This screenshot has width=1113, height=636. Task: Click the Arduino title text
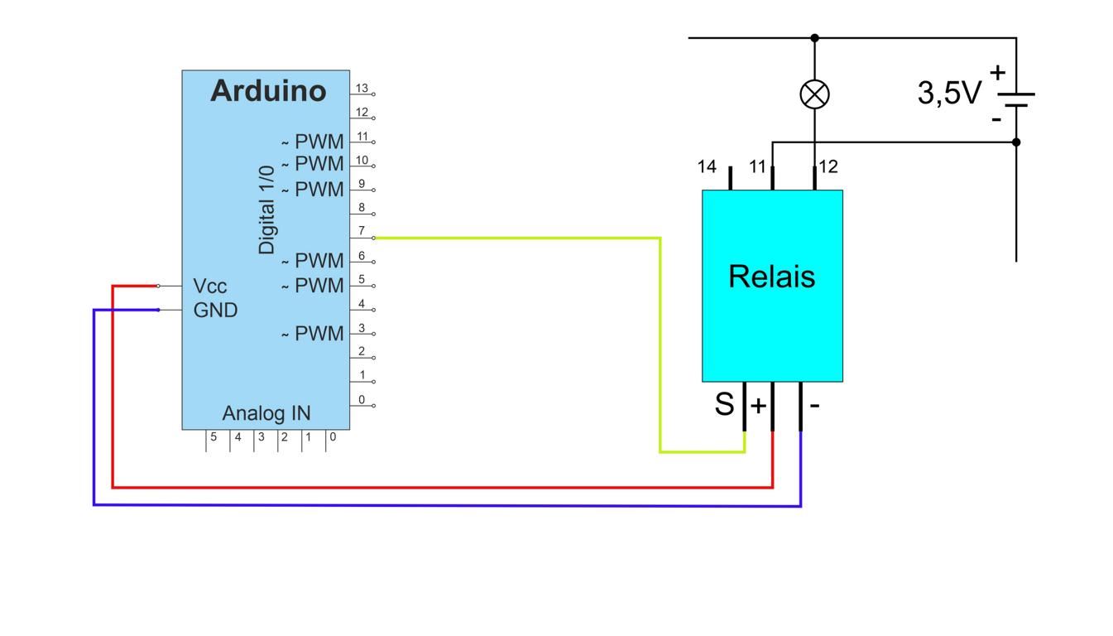coord(268,90)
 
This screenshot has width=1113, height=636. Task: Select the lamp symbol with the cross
coord(814,94)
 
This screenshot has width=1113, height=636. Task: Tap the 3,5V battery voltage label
coord(949,93)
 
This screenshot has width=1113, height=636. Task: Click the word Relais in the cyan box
coord(772,277)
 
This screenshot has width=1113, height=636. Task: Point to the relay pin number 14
coord(707,166)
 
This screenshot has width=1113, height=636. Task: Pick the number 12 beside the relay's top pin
coord(828,166)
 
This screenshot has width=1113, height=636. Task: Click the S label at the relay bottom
coord(724,404)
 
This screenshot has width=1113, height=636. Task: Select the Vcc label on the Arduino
coord(209,287)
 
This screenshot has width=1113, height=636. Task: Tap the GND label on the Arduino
coord(215,311)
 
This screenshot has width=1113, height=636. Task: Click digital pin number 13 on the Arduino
coord(362,88)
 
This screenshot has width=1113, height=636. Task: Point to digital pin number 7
coord(362,230)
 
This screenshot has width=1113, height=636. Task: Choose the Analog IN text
coord(266,413)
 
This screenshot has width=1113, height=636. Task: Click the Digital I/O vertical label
coord(266,210)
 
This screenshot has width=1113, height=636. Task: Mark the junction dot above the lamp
coord(814,38)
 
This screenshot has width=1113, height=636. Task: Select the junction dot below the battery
coord(1016,142)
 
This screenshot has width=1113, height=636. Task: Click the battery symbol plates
coord(1016,99)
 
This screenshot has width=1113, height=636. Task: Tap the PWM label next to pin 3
coord(319,334)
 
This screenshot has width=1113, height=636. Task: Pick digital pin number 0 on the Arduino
coord(362,400)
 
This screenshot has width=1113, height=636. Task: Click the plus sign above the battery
coord(997,73)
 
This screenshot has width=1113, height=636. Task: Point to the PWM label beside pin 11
coord(319,142)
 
